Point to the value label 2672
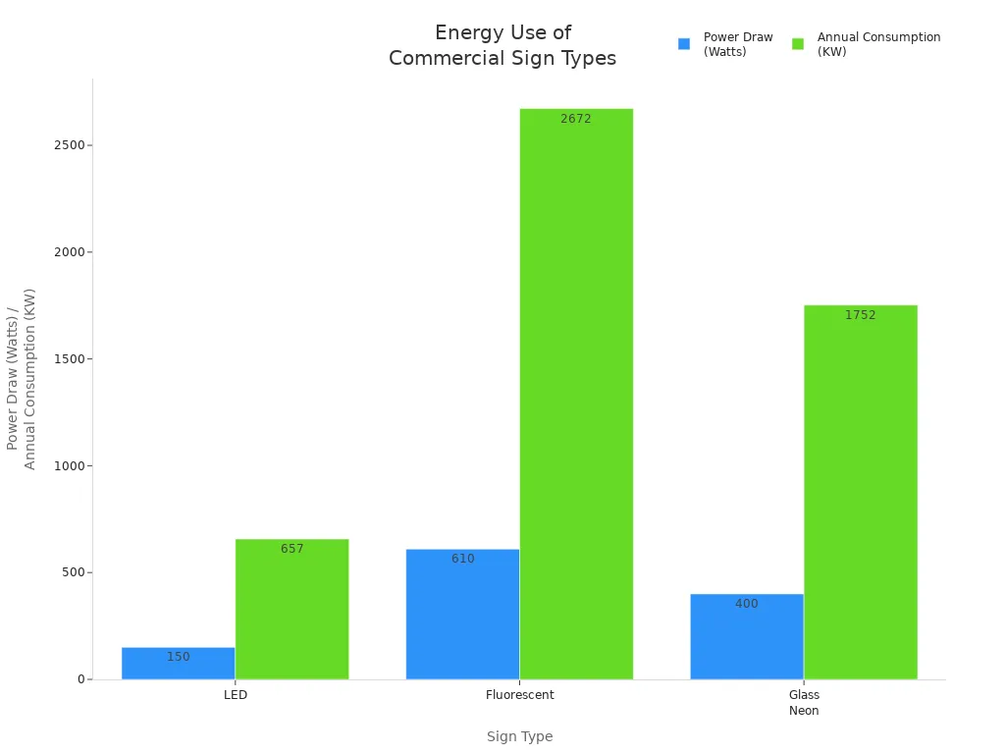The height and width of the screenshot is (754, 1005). pos(576,119)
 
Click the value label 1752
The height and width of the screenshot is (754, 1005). pos(860,315)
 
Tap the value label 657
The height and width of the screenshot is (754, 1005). pos(291,549)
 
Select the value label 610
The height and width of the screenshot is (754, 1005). pos(462,559)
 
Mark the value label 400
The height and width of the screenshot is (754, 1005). pos(746,604)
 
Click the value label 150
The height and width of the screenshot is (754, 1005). pos(178,657)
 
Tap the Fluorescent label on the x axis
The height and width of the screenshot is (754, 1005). pos(519,695)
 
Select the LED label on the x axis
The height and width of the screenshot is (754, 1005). pos(235,695)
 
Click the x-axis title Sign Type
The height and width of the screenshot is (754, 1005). pos(519,736)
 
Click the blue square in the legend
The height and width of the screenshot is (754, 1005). pos(684,44)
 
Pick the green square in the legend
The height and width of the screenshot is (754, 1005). pos(798,44)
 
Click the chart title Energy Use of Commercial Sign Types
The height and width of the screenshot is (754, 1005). pos(502,46)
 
